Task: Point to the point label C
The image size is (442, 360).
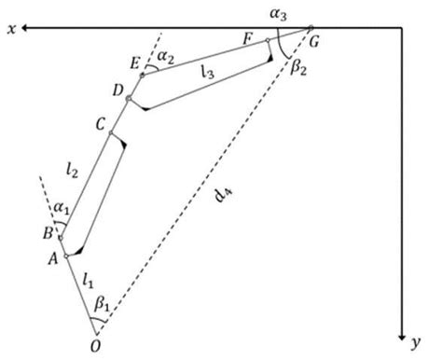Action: [x=100, y=124]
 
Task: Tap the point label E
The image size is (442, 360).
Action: [x=134, y=64]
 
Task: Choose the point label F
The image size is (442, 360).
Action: [x=246, y=39]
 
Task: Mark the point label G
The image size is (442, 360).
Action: [x=324, y=39]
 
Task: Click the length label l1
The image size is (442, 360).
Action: [x=89, y=278]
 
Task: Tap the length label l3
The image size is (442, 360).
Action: [x=210, y=71]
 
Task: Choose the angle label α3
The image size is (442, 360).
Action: [x=295, y=12]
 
